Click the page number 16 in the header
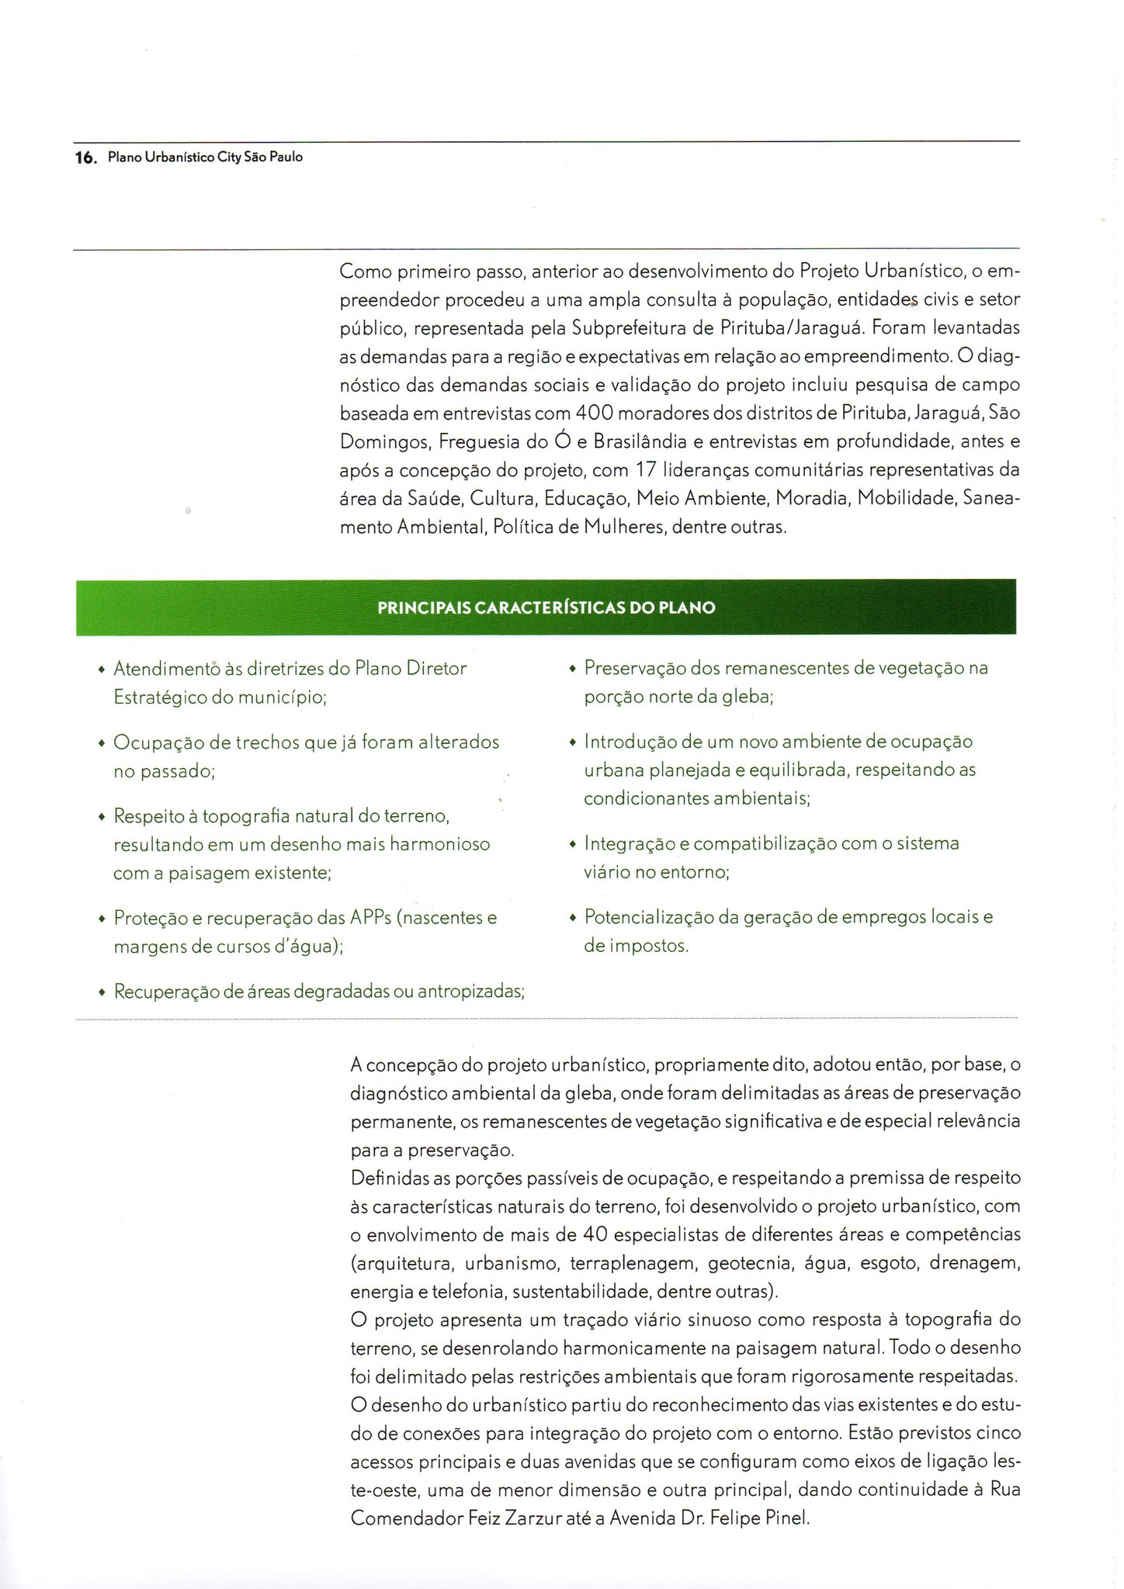click(83, 158)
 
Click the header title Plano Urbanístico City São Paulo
click(205, 158)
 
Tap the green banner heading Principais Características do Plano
click(546, 608)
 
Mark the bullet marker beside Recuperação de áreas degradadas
click(102, 993)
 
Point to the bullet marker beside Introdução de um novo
click(573, 743)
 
